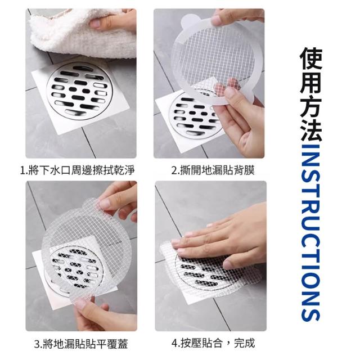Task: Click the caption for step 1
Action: pos(78,170)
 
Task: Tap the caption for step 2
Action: pos(213,170)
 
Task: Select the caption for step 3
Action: pos(81,344)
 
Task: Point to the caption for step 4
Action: pos(213,344)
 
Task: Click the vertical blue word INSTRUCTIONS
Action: pos(310,232)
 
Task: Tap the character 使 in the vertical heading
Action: pos(311,58)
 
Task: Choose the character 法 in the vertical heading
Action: pos(311,129)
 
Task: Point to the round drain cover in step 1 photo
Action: pos(79,90)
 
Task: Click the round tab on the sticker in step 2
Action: pos(187,21)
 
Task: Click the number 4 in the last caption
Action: pos(174,344)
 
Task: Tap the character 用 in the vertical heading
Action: pos(311,82)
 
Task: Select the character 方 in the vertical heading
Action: pos(311,106)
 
